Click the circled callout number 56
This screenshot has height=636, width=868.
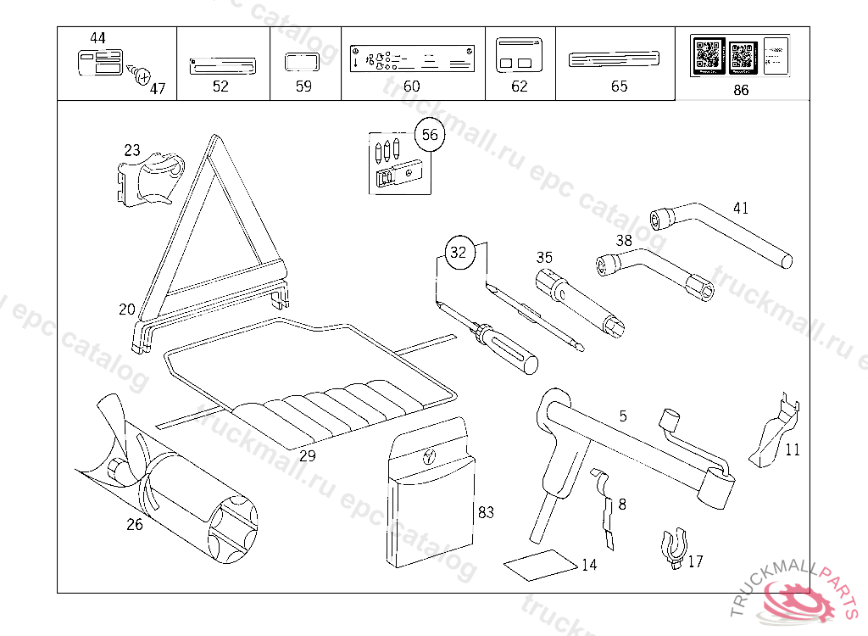[430, 135]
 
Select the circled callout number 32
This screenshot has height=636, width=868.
[458, 252]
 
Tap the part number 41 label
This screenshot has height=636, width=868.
[741, 208]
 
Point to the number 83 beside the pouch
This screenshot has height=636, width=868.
[486, 512]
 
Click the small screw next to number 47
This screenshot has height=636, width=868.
[139, 77]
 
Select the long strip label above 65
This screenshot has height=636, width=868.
[614, 59]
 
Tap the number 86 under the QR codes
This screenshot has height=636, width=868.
[741, 91]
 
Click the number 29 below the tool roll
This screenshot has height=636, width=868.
[307, 455]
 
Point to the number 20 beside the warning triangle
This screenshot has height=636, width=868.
[126, 310]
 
